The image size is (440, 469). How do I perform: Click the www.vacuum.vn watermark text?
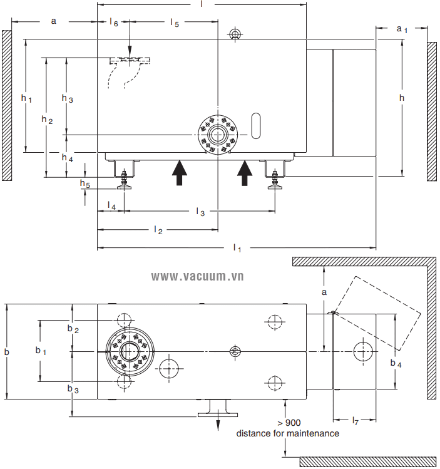pyautogui.click(x=197, y=276)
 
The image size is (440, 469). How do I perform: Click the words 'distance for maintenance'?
pyautogui.click(x=287, y=433)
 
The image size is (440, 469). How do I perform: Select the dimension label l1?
pyautogui.click(x=237, y=249)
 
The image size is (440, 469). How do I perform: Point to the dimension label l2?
pyautogui.click(x=158, y=230)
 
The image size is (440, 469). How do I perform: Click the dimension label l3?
pyautogui.click(x=200, y=212)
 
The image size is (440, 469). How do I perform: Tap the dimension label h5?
pyautogui.click(x=84, y=183)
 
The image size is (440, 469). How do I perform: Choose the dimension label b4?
pyautogui.click(x=396, y=363)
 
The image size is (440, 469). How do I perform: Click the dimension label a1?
pyautogui.click(x=402, y=29)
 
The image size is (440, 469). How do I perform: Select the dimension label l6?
pyautogui.click(x=113, y=23)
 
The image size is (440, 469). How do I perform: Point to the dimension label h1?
pyautogui.click(x=26, y=98)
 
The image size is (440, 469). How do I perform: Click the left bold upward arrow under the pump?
pyautogui.click(x=180, y=172)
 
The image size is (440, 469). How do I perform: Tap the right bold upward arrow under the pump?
pyautogui.click(x=245, y=172)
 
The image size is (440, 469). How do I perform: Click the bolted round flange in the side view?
pyautogui.click(x=218, y=135)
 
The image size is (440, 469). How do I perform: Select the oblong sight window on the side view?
pyautogui.click(x=255, y=126)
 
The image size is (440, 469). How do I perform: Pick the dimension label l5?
pyautogui.click(x=175, y=23)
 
